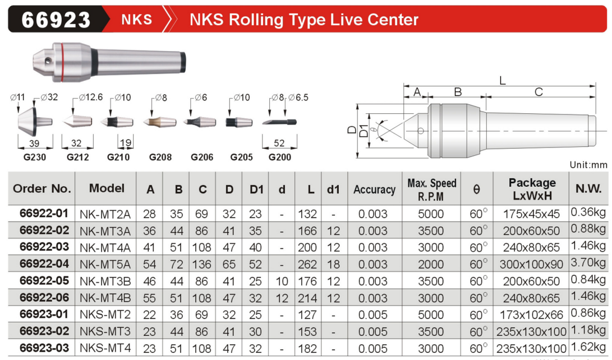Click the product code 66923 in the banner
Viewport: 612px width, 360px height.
[56, 20]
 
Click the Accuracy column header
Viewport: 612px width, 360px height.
[374, 190]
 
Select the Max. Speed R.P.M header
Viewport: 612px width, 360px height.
[431, 190]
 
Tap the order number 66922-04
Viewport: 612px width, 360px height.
[44, 264]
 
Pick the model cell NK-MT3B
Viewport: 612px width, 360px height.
[105, 281]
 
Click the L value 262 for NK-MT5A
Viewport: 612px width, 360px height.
[307, 265]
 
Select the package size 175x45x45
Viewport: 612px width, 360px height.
[531, 214]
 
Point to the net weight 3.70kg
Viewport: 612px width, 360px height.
[588, 262]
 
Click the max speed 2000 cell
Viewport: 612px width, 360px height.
[431, 265]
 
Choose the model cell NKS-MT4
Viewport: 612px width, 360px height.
[105, 348]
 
